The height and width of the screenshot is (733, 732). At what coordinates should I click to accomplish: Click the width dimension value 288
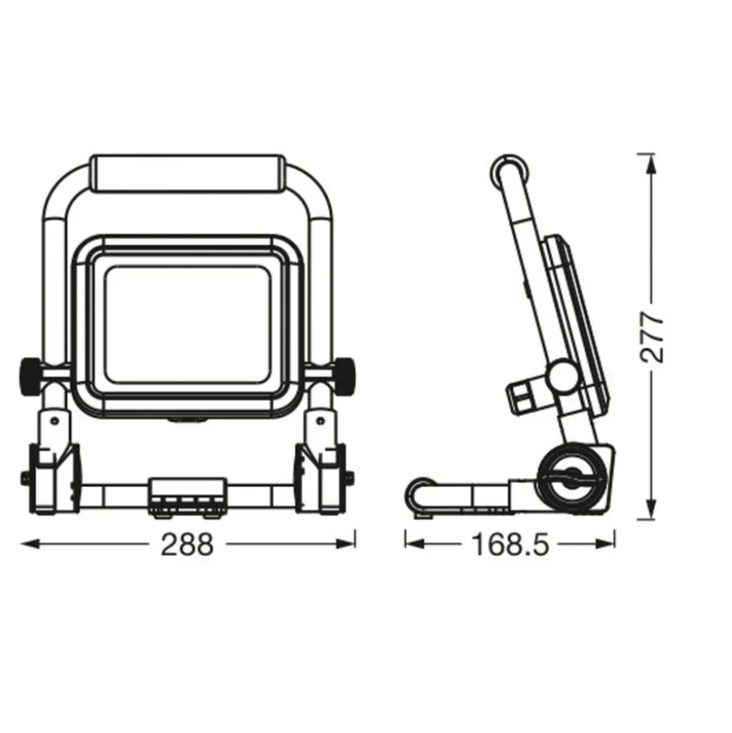(187, 544)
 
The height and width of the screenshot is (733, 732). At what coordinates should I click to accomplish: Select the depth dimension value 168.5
(510, 544)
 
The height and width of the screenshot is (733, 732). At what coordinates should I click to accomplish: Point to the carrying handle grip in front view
(187, 173)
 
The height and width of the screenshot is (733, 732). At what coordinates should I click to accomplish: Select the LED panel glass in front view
(187, 325)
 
